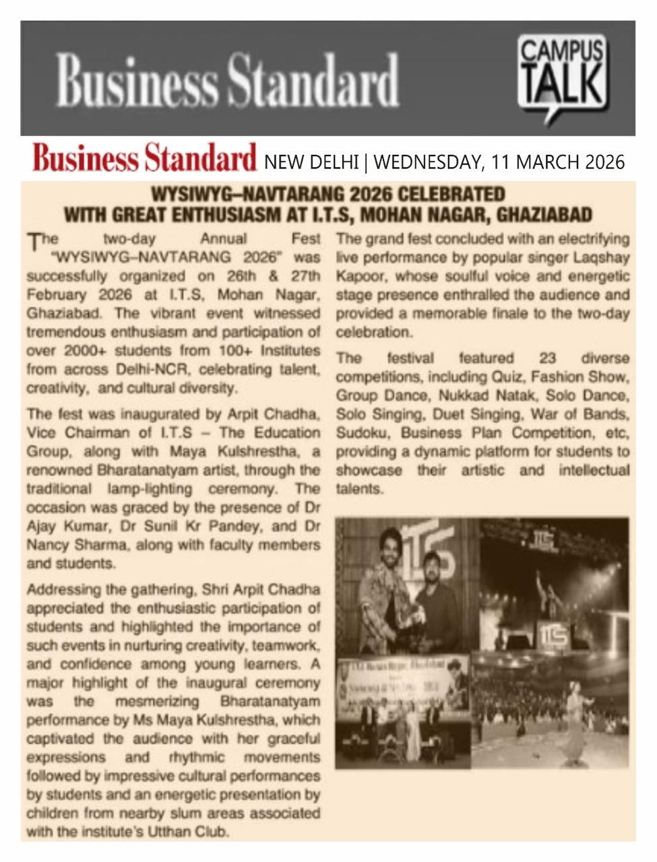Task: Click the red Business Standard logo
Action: click(144, 160)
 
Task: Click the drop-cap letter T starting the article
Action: click(32, 241)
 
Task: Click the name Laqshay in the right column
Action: click(604, 257)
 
